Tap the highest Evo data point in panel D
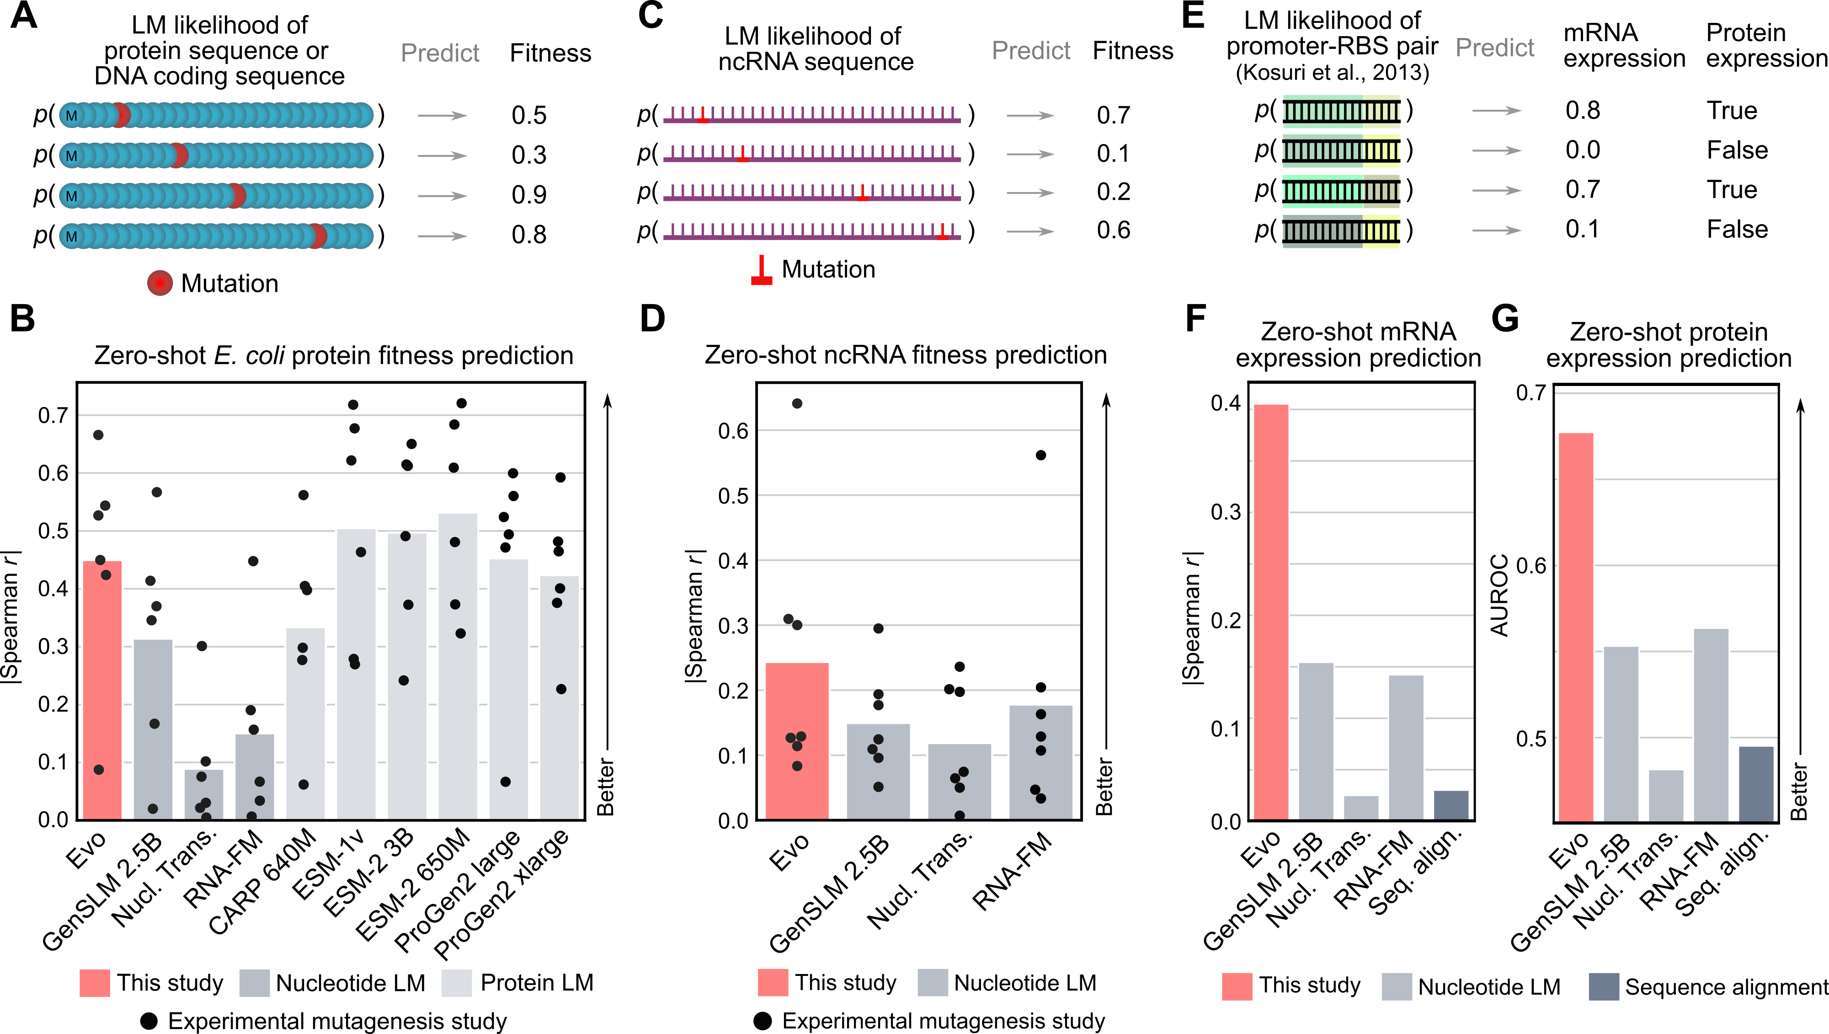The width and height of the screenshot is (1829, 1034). tap(797, 403)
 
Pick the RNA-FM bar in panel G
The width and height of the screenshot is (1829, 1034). tap(1711, 724)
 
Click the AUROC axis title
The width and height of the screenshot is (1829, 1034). tap(1499, 595)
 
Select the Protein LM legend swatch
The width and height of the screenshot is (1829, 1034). tap(457, 983)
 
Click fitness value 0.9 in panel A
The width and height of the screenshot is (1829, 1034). tap(529, 194)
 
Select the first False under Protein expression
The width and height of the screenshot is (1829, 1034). tap(1737, 150)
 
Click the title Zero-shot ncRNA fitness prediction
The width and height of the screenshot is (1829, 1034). tap(905, 354)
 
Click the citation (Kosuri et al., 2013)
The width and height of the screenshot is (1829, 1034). tap(1332, 72)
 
